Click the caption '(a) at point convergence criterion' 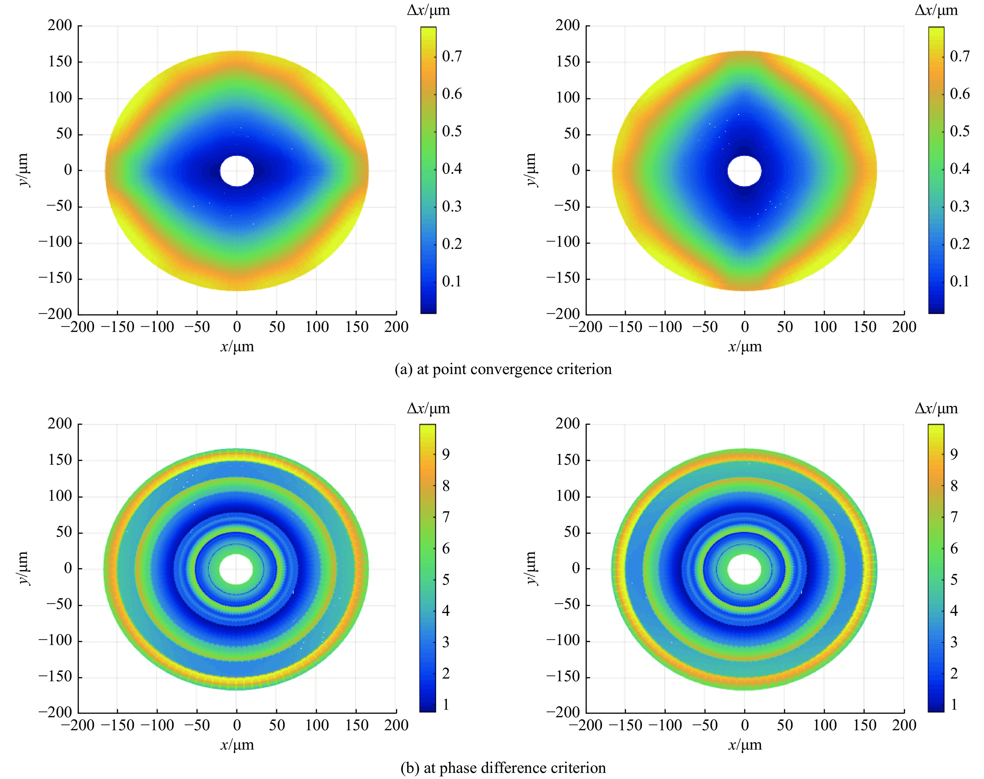[503, 369]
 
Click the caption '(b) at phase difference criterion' [503, 768]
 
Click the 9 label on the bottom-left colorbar [446, 454]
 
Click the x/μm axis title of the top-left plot [237, 347]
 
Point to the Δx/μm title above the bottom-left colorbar [428, 408]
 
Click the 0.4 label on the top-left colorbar [452, 169]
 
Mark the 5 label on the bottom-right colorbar [953, 580]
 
